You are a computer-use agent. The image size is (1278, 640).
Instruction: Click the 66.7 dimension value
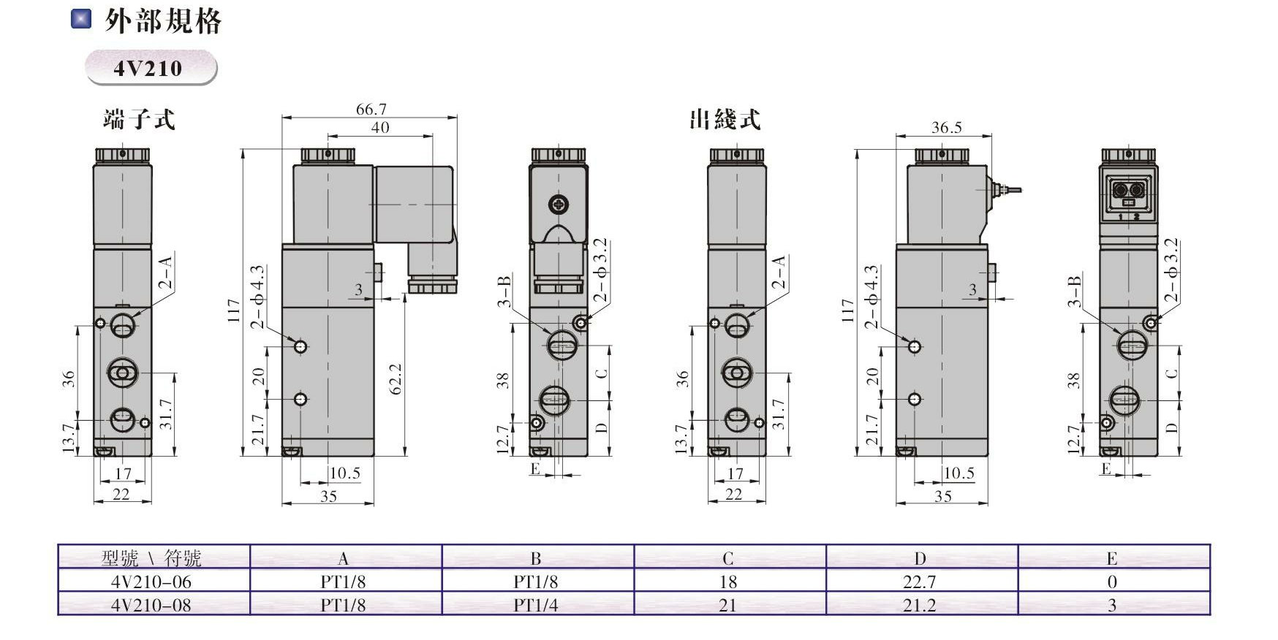click(371, 109)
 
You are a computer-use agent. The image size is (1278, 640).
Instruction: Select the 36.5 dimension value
click(946, 127)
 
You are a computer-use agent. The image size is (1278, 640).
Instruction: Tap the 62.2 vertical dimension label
click(396, 379)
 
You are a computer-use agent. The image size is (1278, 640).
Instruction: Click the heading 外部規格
click(162, 21)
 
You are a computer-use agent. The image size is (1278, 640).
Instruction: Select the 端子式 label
click(139, 119)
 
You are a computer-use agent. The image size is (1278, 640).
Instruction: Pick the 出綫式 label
click(725, 119)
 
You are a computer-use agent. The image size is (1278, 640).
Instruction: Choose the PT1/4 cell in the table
click(535, 605)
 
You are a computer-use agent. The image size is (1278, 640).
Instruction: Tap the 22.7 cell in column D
click(919, 582)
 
